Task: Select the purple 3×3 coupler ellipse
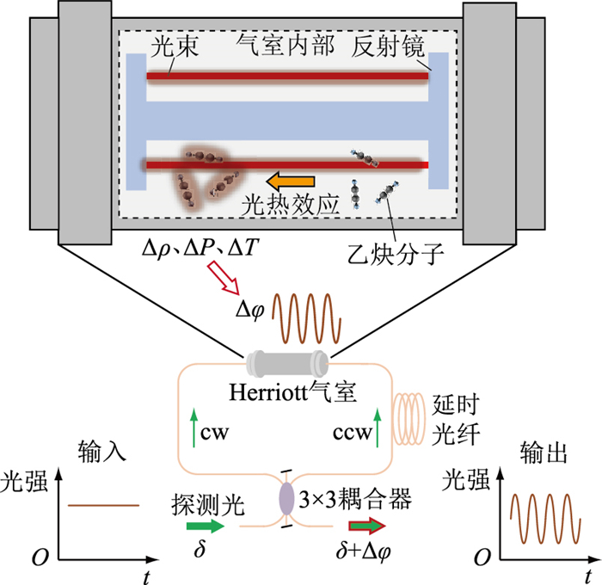click(x=286, y=500)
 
